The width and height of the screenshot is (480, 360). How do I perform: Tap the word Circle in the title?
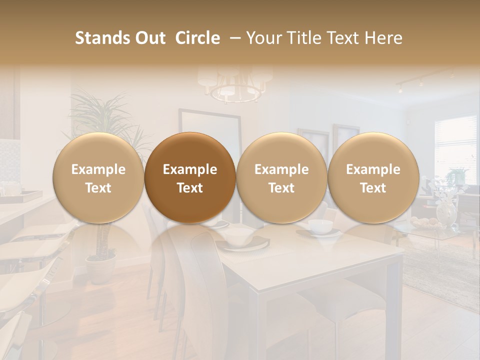[x=197, y=38]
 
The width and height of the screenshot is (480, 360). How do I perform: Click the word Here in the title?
[x=383, y=38]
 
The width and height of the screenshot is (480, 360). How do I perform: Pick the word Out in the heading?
[x=149, y=38]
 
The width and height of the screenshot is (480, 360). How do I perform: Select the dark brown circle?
[x=190, y=177]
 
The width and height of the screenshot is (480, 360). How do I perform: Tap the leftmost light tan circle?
[x=98, y=177]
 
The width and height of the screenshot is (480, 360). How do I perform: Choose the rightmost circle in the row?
[x=373, y=177]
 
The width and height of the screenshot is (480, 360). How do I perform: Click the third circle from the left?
[x=281, y=177]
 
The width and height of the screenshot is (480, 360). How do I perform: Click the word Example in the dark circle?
[x=190, y=169]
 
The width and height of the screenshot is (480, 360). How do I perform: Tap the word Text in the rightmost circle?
[x=373, y=188]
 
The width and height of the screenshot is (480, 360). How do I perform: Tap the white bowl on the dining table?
[x=319, y=226]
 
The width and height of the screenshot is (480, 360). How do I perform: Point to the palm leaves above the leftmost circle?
[x=102, y=107]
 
